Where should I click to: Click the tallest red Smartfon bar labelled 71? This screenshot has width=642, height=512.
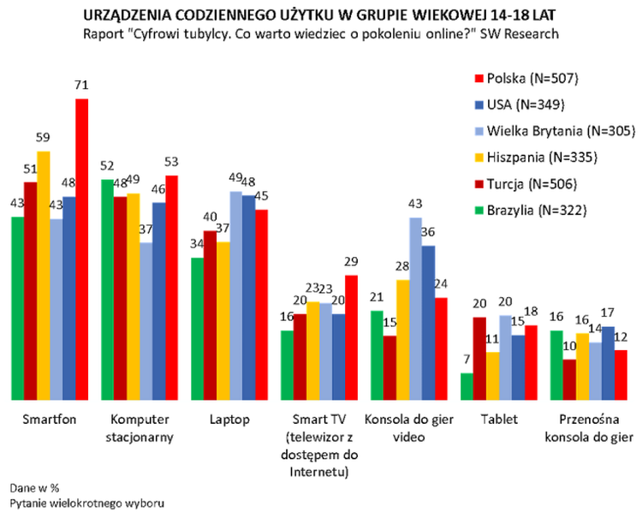pos(81,248)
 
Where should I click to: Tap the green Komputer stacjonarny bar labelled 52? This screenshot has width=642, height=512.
pos(106,289)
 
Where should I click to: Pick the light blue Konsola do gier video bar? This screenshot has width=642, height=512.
pos(414,308)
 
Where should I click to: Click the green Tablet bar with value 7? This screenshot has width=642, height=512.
pos(467,386)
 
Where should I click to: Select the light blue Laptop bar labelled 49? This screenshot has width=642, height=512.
pos(235,295)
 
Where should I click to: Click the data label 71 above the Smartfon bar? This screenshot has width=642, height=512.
pos(81,86)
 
